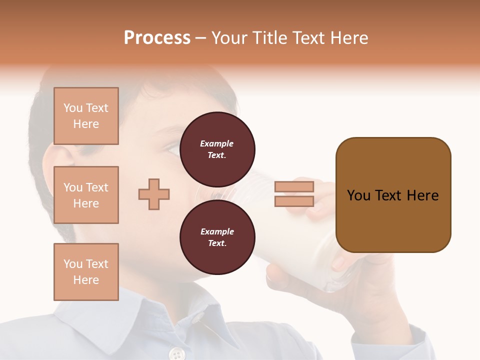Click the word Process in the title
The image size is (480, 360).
(157, 38)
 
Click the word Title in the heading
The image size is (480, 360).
(266, 38)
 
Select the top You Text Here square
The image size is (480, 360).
(86, 116)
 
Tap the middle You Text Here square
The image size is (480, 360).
(86, 195)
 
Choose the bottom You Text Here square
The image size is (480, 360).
(86, 272)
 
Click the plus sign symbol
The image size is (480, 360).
(154, 194)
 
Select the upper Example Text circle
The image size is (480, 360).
(217, 149)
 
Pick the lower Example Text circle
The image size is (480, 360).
(217, 237)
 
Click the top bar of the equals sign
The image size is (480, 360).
(294, 186)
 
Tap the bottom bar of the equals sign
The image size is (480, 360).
(294, 201)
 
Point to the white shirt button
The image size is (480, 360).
(176, 354)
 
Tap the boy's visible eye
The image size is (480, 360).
(172, 148)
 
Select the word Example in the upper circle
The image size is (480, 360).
(216, 143)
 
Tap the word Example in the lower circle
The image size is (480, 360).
(217, 231)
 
